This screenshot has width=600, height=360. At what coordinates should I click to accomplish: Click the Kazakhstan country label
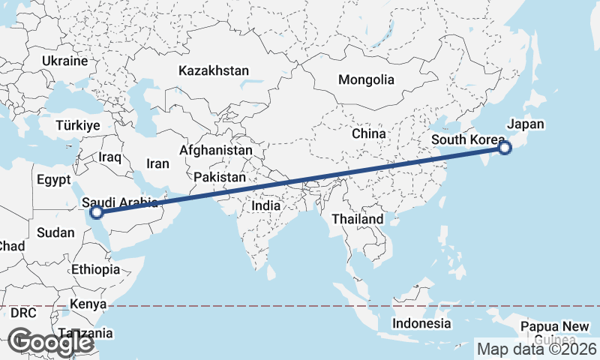(213, 70)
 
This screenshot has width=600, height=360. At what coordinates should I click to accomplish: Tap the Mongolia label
(366, 79)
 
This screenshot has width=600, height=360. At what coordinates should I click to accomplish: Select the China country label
(368, 133)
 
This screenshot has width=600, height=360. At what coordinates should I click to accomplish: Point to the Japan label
(526, 124)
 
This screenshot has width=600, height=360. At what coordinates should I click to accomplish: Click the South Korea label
(467, 140)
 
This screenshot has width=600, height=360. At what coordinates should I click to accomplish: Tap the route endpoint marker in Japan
(505, 148)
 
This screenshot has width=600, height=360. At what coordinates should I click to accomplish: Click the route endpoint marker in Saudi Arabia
(96, 212)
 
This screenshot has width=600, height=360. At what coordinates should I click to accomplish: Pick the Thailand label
(358, 219)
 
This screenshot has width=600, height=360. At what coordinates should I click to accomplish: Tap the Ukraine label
(65, 61)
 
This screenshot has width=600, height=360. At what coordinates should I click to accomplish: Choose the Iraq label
(109, 157)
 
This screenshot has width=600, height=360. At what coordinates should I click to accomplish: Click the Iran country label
(157, 163)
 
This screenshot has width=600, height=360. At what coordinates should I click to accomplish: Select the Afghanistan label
(216, 150)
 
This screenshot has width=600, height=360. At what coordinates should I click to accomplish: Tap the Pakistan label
(220, 177)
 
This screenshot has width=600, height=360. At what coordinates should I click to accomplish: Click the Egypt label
(53, 180)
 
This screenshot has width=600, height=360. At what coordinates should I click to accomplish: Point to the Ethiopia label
(96, 269)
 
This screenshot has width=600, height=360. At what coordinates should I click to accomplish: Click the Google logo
(50, 342)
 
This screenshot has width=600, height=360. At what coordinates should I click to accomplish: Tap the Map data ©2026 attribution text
(537, 349)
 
